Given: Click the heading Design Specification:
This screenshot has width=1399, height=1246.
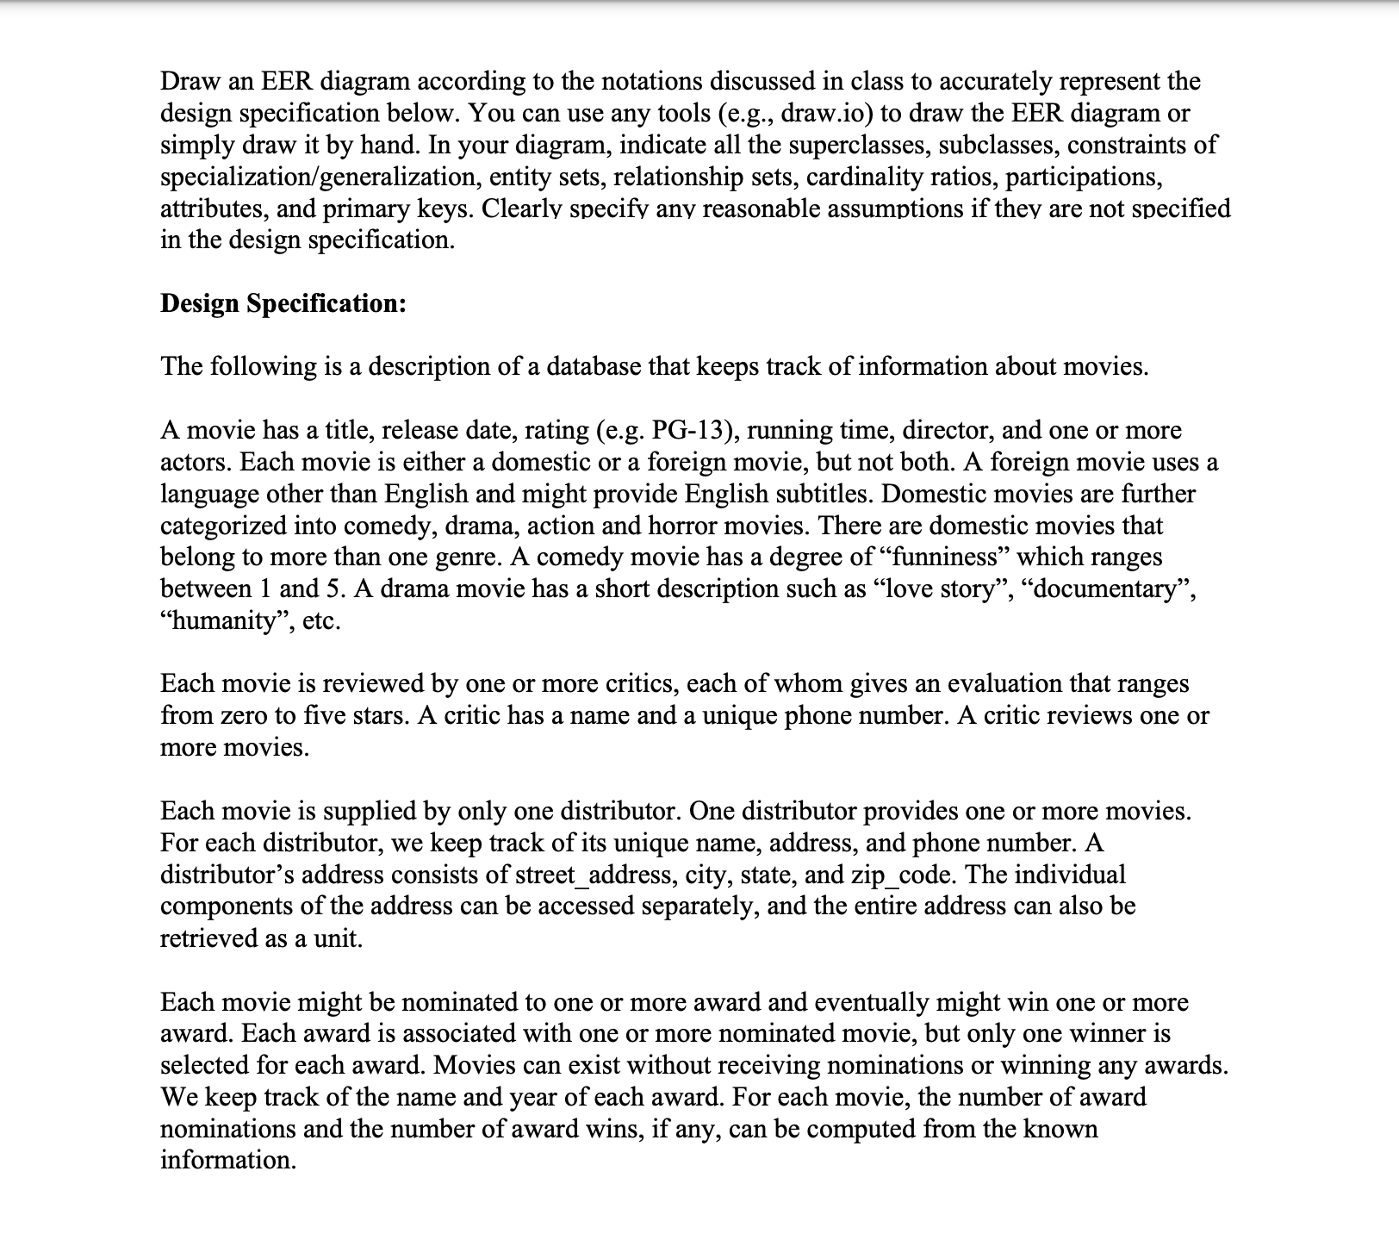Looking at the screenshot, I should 283,303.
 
